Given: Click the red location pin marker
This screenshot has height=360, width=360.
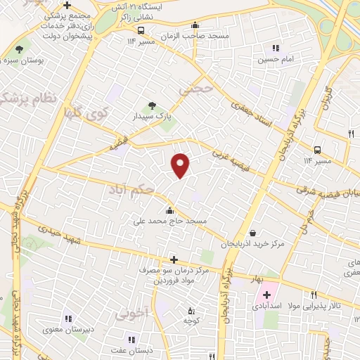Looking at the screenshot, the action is pyautogui.click(x=181, y=166).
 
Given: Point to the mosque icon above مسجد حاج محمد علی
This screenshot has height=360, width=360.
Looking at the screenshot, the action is pyautogui.click(x=169, y=210).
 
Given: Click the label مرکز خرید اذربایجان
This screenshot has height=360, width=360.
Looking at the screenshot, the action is pyautogui.click(x=251, y=244).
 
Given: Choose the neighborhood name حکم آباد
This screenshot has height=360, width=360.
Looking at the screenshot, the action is pyautogui.click(x=131, y=189).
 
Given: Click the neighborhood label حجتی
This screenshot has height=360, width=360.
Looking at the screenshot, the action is pyautogui.click(x=194, y=89).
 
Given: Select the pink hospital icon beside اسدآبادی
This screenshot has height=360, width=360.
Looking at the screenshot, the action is pyautogui.click(x=266, y=293).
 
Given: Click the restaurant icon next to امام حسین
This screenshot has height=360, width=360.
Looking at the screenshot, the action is pyautogui.click(x=276, y=49).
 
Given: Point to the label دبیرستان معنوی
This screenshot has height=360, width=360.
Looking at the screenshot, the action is pyautogui.click(x=68, y=329).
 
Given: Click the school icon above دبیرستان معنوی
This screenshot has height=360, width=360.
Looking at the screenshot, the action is pyautogui.click(x=68, y=319).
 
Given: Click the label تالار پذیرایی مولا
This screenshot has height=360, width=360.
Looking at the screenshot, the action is pyautogui.click(x=330, y=307).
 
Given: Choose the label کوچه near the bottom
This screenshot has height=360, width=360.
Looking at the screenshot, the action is pyautogui.click(x=189, y=321).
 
